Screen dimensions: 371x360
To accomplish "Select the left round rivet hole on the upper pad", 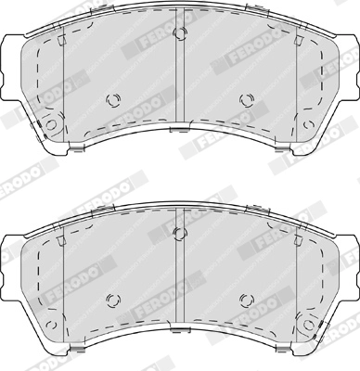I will pyautogui.click(x=114, y=100).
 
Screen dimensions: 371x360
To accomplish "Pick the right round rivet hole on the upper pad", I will pyautogui.click(x=246, y=100).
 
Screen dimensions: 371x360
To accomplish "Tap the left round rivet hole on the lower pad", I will pyautogui.click(x=114, y=298).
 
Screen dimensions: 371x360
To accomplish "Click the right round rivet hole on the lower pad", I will pyautogui.click(x=246, y=298).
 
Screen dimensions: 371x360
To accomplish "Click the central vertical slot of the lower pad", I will pyautogui.click(x=180, y=275).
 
